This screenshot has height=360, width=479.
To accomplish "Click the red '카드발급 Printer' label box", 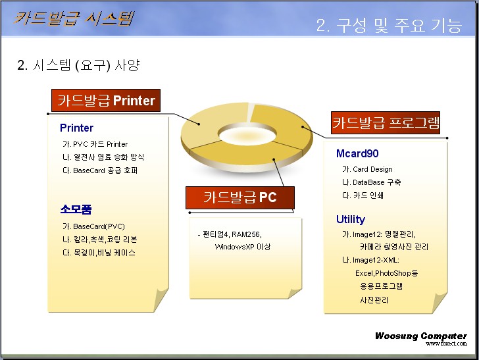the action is click(x=106, y=100).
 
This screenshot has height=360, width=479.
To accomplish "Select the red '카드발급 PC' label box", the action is click(x=240, y=197).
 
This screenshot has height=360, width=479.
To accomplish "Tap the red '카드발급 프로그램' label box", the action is click(x=386, y=122).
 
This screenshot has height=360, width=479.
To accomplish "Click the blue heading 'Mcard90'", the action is click(x=357, y=153).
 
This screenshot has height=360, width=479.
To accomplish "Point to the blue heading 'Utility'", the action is click(x=351, y=219).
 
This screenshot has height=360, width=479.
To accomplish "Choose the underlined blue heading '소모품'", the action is click(x=76, y=209).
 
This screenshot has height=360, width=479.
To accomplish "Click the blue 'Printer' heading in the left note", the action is click(x=76, y=128).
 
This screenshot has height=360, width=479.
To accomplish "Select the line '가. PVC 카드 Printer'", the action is click(x=95, y=144).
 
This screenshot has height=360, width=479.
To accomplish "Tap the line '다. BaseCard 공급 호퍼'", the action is click(x=100, y=170).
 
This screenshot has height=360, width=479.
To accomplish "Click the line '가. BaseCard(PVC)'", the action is click(x=93, y=226).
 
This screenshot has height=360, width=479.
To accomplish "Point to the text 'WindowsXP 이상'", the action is click(x=243, y=247).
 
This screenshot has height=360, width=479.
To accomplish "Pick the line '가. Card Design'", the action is click(x=367, y=169).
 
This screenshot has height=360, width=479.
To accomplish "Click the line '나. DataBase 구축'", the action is click(x=371, y=182).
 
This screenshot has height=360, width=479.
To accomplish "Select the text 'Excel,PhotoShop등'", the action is click(x=386, y=273).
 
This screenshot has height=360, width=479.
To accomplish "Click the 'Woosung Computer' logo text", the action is click(x=421, y=336).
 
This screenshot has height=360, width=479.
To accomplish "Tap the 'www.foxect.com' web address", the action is click(x=446, y=344).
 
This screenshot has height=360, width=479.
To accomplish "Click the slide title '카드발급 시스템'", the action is click(x=74, y=18).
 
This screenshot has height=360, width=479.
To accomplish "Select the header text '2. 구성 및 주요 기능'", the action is click(x=389, y=25).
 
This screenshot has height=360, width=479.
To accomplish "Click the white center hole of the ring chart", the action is click(x=247, y=134).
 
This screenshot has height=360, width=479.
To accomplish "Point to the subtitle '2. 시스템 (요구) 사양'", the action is click(x=78, y=64).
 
